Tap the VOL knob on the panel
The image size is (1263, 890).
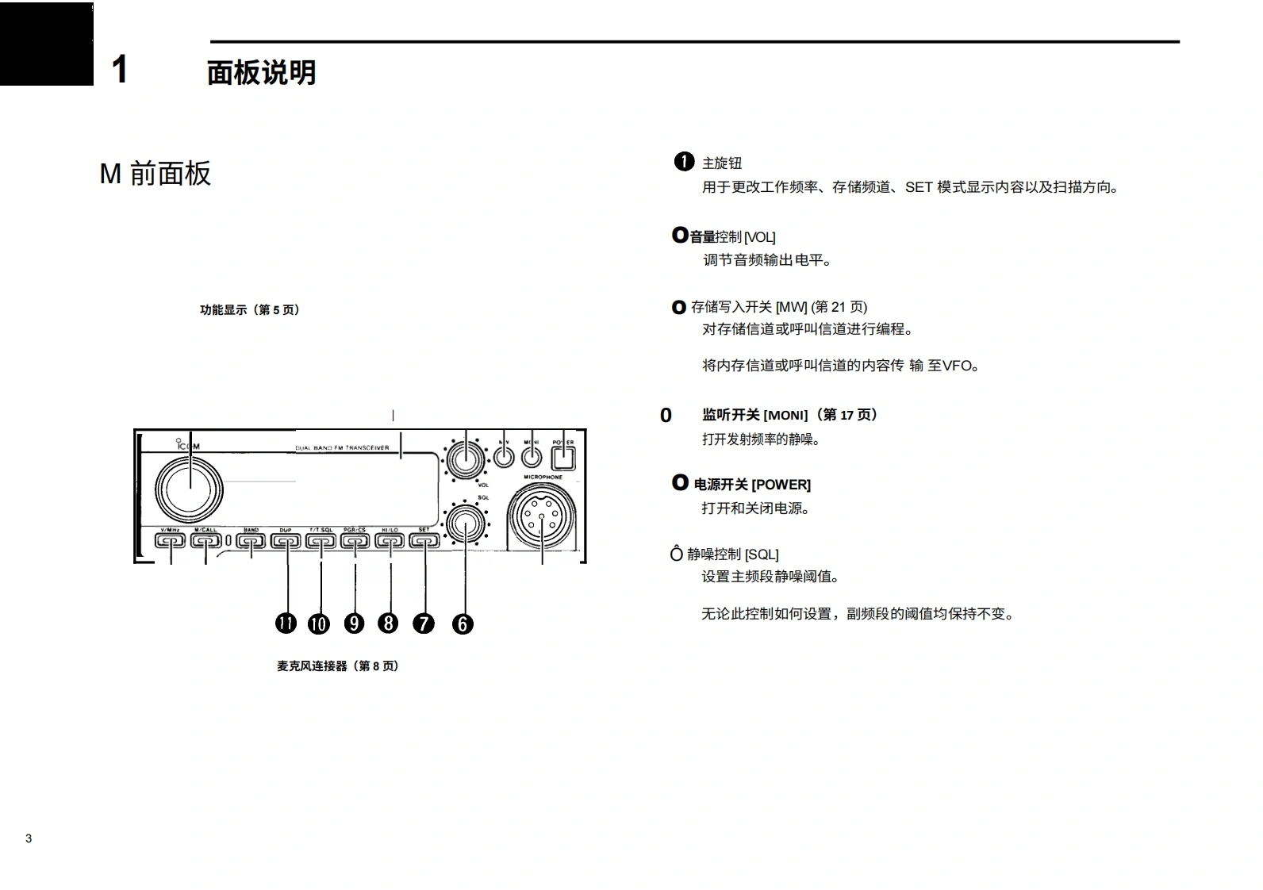pyautogui.click(x=466, y=460)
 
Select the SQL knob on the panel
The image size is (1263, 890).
pyautogui.click(x=466, y=524)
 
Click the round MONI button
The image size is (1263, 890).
pyautogui.click(x=532, y=457)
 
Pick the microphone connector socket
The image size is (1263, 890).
pyautogui.click(x=542, y=517)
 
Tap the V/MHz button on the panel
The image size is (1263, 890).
pyautogui.click(x=170, y=541)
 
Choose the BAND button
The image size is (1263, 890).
pyautogui.click(x=251, y=542)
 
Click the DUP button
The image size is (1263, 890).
pyautogui.click(x=286, y=542)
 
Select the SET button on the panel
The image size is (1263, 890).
pyautogui.click(x=424, y=542)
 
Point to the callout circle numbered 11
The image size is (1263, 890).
pyautogui.click(x=286, y=623)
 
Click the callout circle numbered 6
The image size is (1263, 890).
pyautogui.click(x=463, y=624)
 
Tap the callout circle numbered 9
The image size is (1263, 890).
pyautogui.click(x=355, y=623)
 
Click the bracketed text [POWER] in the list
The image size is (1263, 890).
pyautogui.click(x=781, y=485)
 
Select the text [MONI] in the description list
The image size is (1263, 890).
pyautogui.click(x=785, y=415)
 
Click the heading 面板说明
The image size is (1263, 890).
pyautogui.click(x=261, y=72)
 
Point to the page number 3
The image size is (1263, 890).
pyautogui.click(x=29, y=838)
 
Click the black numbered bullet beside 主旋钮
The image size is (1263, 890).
pyautogui.click(x=684, y=162)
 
